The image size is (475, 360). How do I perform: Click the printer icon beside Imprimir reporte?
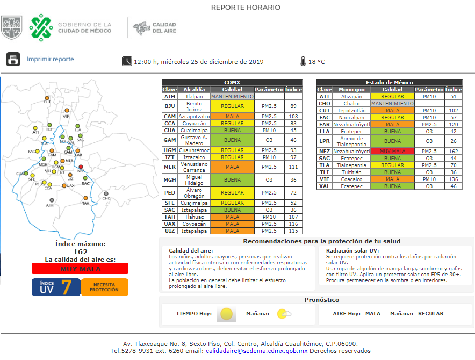(13, 59)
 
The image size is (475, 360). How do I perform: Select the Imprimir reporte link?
(50, 59)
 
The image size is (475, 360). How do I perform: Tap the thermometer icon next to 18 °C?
(304, 61)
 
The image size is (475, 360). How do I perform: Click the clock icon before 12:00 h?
(127, 61)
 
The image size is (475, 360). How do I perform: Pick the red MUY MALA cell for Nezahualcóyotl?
(392, 152)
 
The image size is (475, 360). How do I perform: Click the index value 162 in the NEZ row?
(454, 152)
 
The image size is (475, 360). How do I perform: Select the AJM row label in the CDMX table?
(170, 97)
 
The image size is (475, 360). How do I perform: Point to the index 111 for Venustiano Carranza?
(293, 167)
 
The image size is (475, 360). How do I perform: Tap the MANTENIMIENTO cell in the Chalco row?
(392, 103)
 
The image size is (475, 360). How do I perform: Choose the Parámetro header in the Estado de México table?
(429, 89)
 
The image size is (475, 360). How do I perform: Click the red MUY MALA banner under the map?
(80, 269)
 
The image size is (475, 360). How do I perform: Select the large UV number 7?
(67, 287)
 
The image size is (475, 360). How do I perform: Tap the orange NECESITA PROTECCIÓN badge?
(104, 287)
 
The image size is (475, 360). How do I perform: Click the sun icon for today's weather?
(226, 314)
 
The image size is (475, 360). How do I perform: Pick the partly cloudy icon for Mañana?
(284, 314)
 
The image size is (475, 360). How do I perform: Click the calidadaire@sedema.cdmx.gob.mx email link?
(257, 351)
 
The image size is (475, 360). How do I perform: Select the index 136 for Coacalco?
(454, 179)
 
